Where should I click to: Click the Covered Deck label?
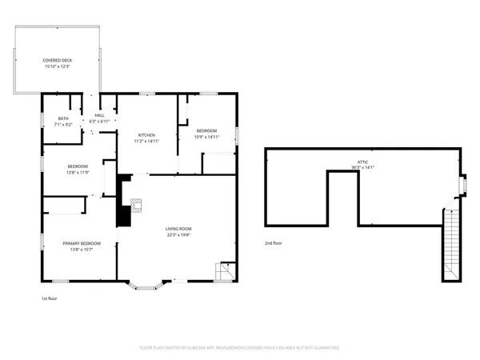click(56, 60)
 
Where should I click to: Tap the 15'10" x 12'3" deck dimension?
click(56, 66)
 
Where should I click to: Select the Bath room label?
click(62, 119)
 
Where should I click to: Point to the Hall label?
click(99, 115)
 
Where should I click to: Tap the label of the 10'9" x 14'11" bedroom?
click(206, 131)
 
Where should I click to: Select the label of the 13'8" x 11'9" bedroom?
click(78, 166)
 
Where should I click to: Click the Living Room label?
click(178, 229)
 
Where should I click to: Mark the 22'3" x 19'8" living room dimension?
click(178, 234)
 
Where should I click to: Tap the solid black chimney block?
click(124, 203)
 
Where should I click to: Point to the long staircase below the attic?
click(452, 244)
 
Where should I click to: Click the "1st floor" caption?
click(50, 298)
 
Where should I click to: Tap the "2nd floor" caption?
click(274, 242)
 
